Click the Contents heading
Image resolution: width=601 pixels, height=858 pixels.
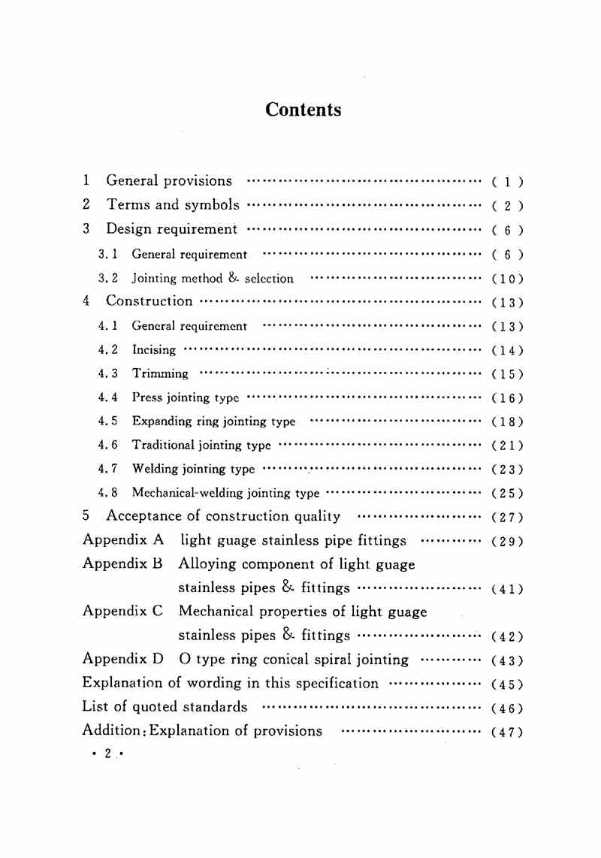(x=303, y=110)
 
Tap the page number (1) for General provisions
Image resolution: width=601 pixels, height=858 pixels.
(x=507, y=182)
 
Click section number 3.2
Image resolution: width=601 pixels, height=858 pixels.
(x=109, y=278)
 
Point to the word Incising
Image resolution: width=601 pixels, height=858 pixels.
(x=154, y=350)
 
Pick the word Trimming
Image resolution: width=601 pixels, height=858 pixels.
(x=160, y=373)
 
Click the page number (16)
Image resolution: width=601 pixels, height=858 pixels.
(x=507, y=398)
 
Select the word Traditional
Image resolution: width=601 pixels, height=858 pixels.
(x=163, y=445)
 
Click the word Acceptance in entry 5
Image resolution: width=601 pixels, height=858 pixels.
(x=144, y=516)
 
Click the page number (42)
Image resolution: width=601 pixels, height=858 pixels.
(x=507, y=637)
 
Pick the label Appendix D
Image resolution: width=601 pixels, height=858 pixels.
(x=122, y=660)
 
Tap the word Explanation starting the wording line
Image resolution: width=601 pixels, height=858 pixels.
(x=122, y=683)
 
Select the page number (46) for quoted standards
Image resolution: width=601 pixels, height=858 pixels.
(x=507, y=708)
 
